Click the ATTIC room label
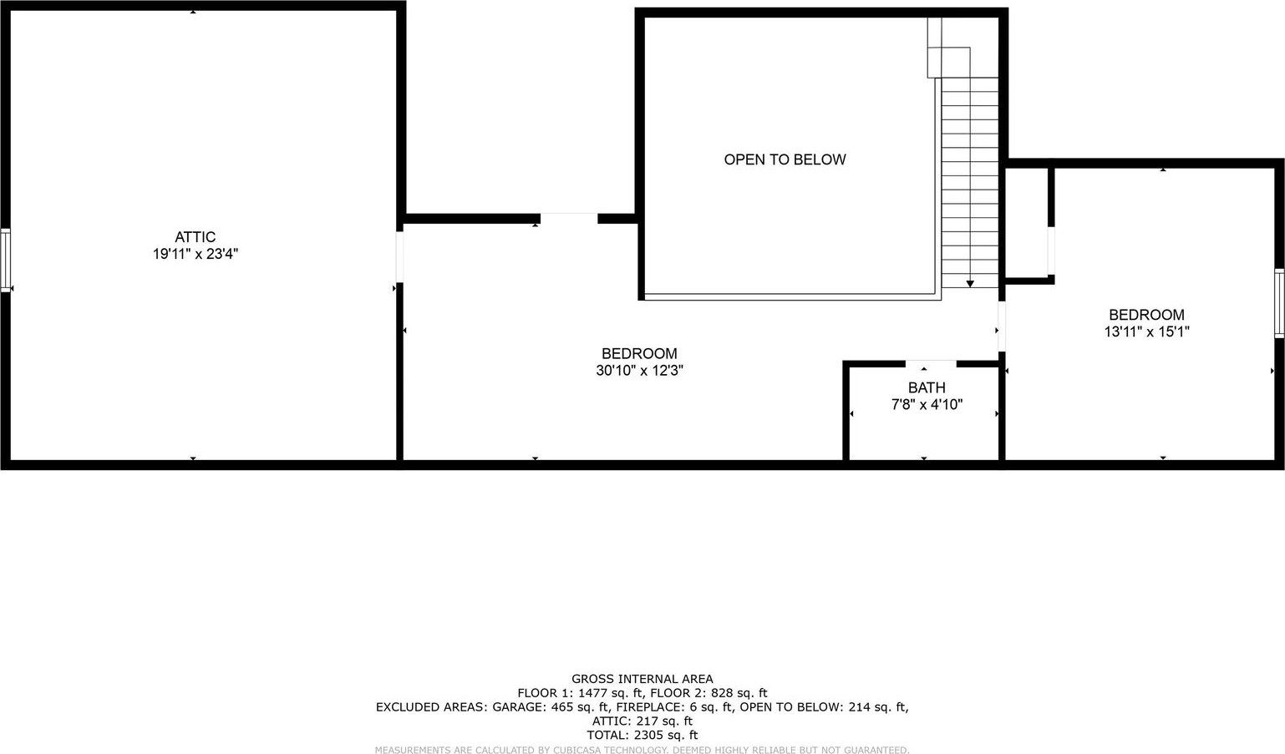(195, 237)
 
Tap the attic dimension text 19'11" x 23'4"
(195, 254)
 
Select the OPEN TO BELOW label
(785, 159)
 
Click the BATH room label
(927, 387)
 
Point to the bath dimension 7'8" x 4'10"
(927, 405)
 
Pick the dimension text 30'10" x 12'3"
(639, 371)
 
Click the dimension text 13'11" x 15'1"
(1147, 332)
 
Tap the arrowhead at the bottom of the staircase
(970, 284)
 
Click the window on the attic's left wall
(6, 260)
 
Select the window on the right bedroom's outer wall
(1279, 303)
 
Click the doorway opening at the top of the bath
(931, 363)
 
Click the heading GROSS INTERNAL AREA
(642, 680)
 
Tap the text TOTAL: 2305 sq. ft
(642, 735)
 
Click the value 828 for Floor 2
(722, 693)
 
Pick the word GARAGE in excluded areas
(518, 707)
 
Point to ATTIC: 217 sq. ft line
(642, 721)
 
